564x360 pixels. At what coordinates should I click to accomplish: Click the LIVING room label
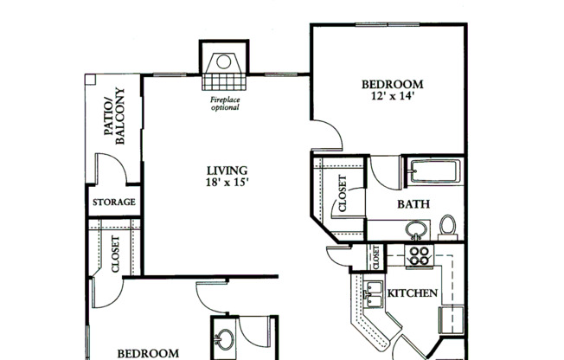coord(227,170)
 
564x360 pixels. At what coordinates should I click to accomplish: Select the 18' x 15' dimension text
coord(227,183)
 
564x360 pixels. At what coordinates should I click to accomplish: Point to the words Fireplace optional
coord(225,104)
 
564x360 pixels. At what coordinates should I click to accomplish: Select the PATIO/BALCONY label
coord(114,116)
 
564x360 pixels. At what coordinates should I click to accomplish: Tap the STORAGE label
coord(114,202)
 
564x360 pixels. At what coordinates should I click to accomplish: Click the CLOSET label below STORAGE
coord(115,255)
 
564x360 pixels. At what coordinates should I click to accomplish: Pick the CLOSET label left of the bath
coord(341,195)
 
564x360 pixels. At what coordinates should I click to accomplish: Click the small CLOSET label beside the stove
coord(376,256)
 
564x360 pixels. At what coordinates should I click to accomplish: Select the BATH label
coord(413,205)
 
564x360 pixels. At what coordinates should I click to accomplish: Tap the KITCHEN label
coord(412,293)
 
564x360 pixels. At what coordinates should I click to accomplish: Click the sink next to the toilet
coord(417,230)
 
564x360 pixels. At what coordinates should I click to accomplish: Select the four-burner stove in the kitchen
coord(420,255)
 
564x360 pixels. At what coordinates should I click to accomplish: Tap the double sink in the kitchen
coord(374,295)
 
